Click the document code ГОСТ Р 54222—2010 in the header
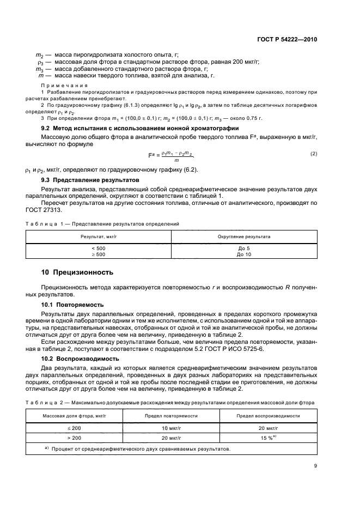[x=288, y=40]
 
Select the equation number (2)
[x=313, y=154]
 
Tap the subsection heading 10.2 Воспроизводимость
[x=77, y=359]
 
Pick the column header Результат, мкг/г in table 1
[x=99, y=237]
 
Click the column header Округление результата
[x=244, y=237]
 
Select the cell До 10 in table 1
[x=244, y=254]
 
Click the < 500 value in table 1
[x=99, y=248]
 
